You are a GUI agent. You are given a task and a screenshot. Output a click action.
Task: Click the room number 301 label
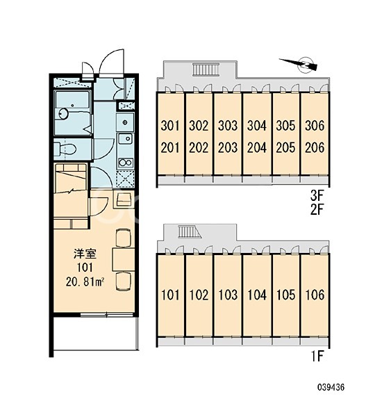(x=170, y=126)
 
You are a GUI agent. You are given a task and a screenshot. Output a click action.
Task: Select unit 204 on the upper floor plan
(x=257, y=148)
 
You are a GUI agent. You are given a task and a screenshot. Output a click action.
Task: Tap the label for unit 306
(x=315, y=126)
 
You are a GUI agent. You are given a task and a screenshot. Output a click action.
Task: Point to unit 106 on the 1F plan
(x=315, y=295)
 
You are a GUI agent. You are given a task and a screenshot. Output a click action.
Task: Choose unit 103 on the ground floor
(x=228, y=295)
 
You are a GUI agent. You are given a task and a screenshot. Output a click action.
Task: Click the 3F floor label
(x=317, y=196)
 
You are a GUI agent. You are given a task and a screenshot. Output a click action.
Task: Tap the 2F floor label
(x=317, y=209)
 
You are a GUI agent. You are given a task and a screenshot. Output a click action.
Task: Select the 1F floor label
(x=317, y=357)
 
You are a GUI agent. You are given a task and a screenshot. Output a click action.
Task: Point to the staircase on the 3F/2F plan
(x=206, y=69)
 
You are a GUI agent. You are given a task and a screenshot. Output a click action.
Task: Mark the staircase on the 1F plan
(x=190, y=232)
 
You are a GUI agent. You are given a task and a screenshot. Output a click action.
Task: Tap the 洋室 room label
(x=85, y=254)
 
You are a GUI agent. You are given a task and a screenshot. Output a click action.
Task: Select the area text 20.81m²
(x=85, y=282)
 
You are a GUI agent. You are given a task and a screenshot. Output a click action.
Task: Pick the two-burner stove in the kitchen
(x=126, y=163)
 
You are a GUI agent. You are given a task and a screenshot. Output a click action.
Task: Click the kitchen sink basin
(x=126, y=138)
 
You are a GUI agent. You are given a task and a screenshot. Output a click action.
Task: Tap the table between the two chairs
(x=124, y=259)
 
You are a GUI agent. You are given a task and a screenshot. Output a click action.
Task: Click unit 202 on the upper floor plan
(x=199, y=148)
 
